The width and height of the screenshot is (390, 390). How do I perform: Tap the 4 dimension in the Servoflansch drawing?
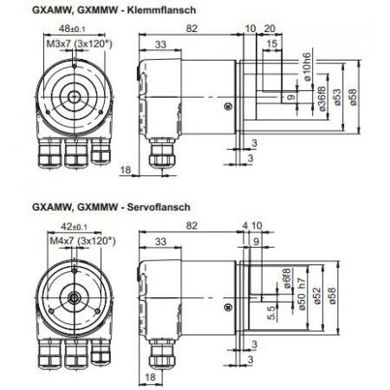click(x=245, y=224)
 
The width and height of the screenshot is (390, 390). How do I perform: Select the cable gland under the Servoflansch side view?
click(x=160, y=354)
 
